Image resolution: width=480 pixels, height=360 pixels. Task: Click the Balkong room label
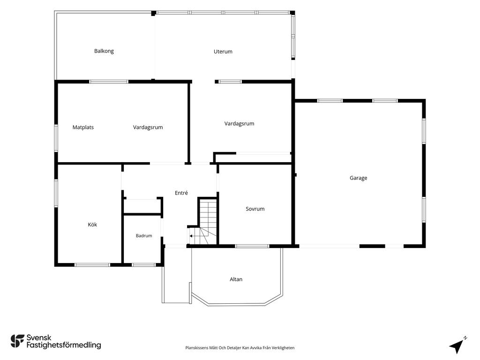point(104,51)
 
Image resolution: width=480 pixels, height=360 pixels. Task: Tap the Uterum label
point(223,52)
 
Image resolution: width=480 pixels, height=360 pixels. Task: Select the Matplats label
point(83,127)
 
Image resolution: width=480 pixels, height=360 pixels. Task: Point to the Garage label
point(359,178)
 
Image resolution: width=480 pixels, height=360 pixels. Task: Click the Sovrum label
point(255,209)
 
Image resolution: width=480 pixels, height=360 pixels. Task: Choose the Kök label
point(92,225)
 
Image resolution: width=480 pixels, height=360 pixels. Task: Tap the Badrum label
point(144,236)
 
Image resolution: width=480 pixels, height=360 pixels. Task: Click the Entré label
point(181,193)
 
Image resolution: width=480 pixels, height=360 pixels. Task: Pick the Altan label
point(236,279)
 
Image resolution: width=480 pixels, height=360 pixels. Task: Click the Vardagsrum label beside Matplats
point(148,127)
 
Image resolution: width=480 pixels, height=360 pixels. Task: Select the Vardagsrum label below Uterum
point(239,124)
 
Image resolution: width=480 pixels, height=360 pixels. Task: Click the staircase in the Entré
point(203,222)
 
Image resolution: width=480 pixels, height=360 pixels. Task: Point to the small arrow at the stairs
point(191,236)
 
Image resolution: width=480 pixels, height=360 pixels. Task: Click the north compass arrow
point(457,346)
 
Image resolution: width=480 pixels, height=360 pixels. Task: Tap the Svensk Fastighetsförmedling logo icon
point(17,341)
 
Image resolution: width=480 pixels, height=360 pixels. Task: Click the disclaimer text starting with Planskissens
point(240,348)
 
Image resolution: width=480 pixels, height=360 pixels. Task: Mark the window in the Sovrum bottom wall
point(252,246)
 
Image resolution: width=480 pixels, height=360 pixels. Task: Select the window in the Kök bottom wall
point(92,265)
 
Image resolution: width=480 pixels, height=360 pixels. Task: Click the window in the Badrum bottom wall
point(143,265)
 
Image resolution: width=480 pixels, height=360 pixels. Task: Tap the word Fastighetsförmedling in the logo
point(64,345)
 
